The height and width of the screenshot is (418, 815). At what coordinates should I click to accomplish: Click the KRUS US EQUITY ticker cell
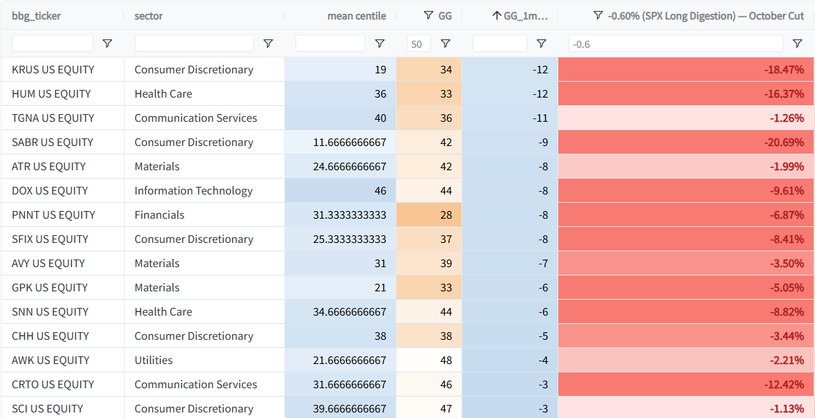click(x=53, y=70)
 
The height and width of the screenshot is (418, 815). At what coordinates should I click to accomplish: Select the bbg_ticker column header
click(x=37, y=16)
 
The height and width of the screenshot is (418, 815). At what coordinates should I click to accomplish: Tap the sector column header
click(x=149, y=16)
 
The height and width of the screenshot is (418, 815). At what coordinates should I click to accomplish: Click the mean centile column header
click(x=356, y=16)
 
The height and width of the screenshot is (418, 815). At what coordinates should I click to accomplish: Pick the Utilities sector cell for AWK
click(x=154, y=361)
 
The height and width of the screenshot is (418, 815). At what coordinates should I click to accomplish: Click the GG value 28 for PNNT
click(x=446, y=215)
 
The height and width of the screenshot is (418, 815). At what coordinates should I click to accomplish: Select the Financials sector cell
click(x=160, y=215)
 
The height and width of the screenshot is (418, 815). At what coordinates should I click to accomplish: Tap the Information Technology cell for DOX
click(x=193, y=191)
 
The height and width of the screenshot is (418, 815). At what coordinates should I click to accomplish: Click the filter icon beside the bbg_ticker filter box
click(x=107, y=44)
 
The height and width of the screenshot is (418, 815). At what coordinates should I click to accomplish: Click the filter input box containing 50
click(x=419, y=44)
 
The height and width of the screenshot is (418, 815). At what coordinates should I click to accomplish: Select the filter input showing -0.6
click(x=676, y=44)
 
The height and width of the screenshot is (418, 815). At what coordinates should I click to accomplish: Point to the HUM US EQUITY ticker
click(x=51, y=94)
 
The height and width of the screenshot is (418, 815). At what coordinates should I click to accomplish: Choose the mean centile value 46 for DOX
click(x=381, y=191)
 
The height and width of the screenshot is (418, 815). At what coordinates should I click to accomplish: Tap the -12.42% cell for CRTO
click(x=784, y=385)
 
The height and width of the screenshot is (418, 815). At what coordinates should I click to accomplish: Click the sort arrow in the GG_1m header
click(x=496, y=16)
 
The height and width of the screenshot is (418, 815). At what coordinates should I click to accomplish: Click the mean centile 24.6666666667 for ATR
click(x=350, y=167)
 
